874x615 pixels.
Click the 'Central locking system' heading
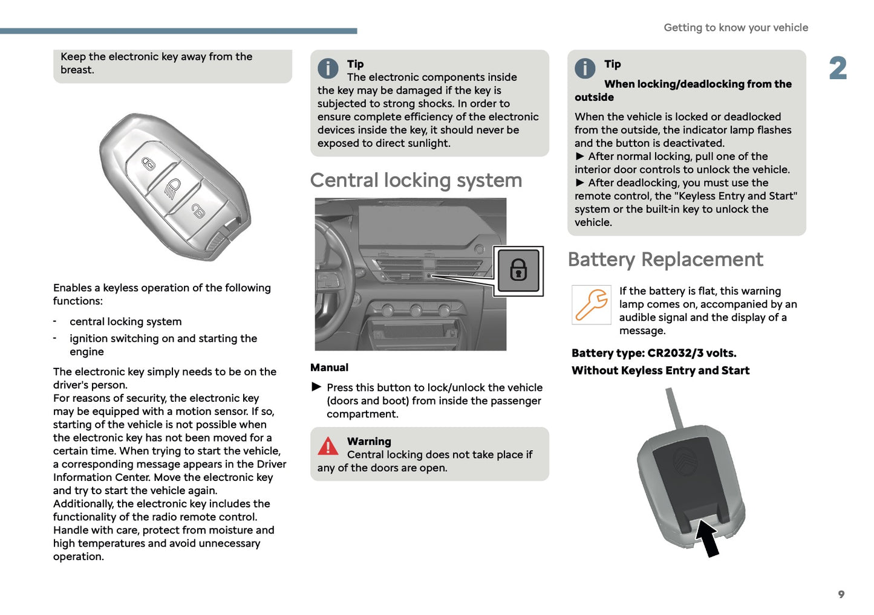416,181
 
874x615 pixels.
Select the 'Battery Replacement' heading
665,260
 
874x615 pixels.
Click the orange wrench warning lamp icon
591,304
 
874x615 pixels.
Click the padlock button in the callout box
518,270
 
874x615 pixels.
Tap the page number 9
841,594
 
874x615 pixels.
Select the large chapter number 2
838,68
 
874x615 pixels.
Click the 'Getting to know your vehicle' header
735,28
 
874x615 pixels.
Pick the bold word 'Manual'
329,367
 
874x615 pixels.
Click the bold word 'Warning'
369,442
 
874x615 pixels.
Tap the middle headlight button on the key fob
172,188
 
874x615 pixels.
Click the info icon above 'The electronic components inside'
328,68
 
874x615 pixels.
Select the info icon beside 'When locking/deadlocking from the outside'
585,68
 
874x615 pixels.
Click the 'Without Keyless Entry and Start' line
660,371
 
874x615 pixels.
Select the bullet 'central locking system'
125,322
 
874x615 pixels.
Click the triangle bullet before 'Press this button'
316,387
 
